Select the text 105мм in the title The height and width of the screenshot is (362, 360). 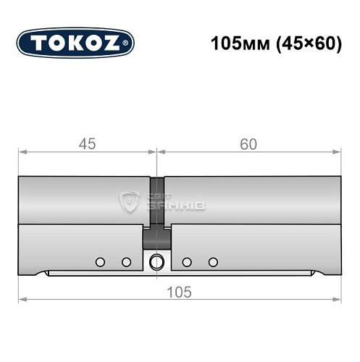tap(234, 43)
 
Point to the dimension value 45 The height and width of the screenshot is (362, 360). tap(87, 145)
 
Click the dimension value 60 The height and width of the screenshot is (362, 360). tap(248, 145)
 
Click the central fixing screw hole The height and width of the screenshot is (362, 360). tap(156, 262)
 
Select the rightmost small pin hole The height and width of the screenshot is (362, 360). tap(212, 261)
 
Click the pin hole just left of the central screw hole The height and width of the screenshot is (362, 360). tap(126, 261)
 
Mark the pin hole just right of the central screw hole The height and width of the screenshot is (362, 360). tap(187, 261)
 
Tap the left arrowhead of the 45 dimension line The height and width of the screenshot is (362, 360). tap(21, 153)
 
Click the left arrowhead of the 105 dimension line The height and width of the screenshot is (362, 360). tap(21, 300)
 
